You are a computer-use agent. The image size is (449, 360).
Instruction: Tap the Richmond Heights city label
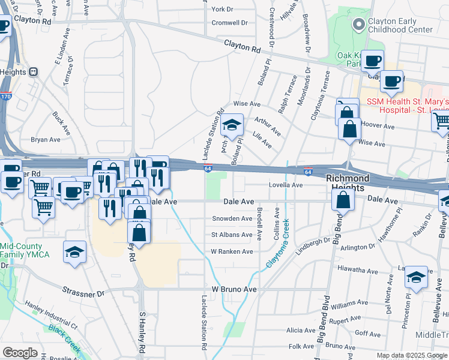coord(348,183)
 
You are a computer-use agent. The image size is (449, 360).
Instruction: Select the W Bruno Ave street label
coord(234,289)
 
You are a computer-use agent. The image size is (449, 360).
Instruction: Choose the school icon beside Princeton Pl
coord(415,278)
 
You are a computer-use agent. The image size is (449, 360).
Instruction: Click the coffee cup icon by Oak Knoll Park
coord(372,61)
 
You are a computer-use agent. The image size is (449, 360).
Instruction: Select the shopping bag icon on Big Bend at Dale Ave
coord(342,200)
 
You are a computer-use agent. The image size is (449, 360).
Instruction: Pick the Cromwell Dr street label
coord(229,23)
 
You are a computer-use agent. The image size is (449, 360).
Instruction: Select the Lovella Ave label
coord(285,185)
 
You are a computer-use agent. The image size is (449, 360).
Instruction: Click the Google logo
coord(20,353)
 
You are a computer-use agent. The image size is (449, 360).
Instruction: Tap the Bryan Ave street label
coord(46,139)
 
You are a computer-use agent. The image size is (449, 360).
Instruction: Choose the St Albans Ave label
coord(232,235)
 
